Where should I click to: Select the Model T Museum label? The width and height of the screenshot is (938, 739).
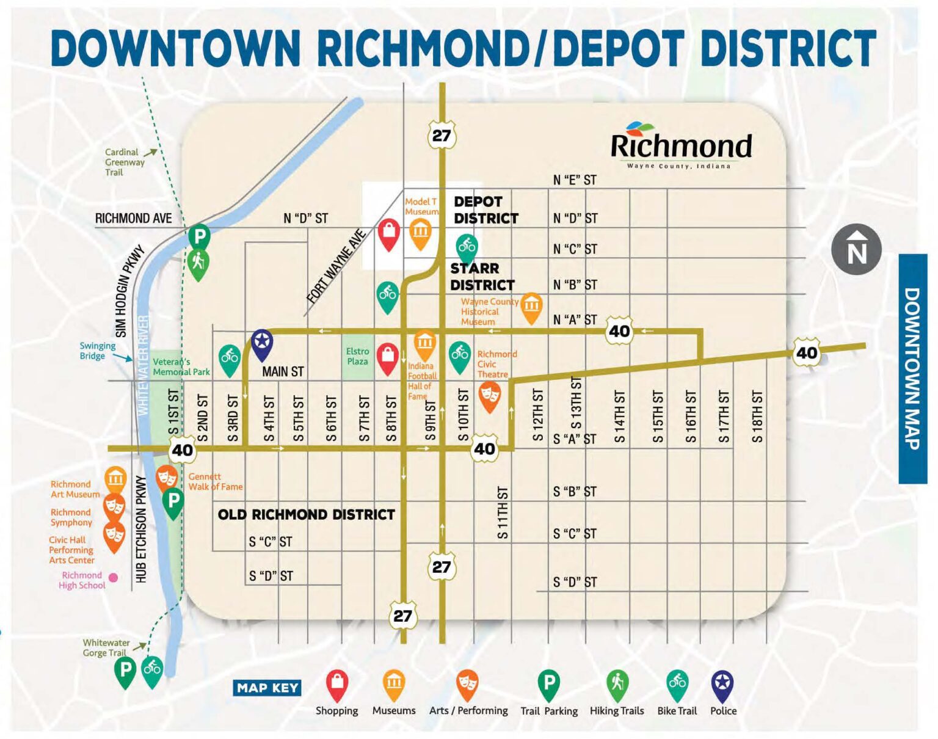[421, 206]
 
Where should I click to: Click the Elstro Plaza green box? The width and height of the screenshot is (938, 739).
[357, 357]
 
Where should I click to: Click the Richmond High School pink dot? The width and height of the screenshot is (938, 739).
[113, 577]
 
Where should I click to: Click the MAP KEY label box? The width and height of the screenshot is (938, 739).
[267, 688]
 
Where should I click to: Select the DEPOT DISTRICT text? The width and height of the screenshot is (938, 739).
[485, 210]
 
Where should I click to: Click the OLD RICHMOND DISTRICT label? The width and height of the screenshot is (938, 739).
[306, 515]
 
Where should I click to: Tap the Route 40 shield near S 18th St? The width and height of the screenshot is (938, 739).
[806, 353]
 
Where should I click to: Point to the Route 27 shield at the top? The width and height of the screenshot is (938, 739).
[441, 136]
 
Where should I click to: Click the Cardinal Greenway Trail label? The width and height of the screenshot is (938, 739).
[124, 162]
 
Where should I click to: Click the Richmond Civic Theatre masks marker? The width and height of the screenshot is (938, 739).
[490, 395]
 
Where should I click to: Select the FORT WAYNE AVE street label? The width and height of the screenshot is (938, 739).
[336, 267]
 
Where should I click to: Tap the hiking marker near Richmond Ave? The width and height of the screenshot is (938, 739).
[198, 263]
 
